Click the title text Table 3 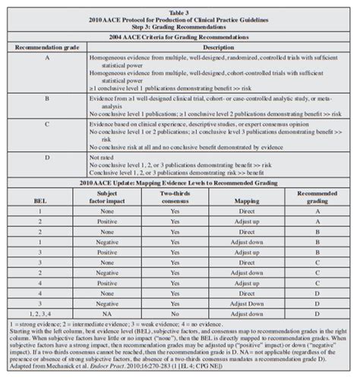[180, 5]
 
